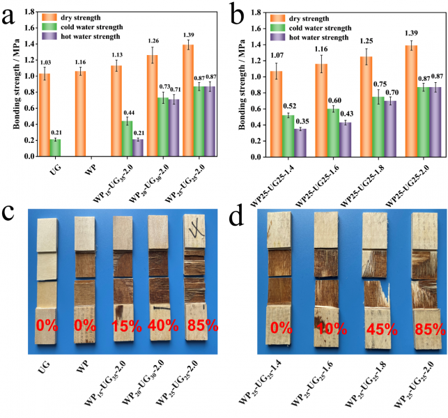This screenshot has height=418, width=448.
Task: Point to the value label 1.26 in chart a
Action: (x=153, y=40)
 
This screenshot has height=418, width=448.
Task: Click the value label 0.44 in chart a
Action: (x=129, y=112)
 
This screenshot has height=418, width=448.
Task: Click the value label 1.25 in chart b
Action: (x=376, y=41)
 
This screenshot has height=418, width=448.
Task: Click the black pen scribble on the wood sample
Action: (x=196, y=228)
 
